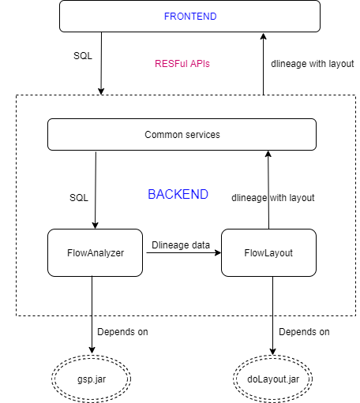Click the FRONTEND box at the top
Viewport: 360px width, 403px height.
[189, 16]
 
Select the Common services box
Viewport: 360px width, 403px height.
[182, 134]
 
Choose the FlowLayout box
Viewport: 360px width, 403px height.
[268, 252]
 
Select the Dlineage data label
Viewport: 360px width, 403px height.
[181, 245]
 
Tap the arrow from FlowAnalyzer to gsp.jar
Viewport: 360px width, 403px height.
[92, 315]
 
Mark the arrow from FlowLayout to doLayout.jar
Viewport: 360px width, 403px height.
[273, 315]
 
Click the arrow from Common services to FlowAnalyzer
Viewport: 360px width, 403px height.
[96, 189]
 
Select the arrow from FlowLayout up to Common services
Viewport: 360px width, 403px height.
[268, 189]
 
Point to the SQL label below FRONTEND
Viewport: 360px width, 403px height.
[81, 58]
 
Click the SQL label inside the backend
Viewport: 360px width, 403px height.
[79, 198]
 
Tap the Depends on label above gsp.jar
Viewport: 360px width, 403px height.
[122, 331]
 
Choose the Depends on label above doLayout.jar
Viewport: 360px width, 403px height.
[304, 331]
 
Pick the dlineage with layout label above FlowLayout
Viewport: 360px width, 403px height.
[272, 198]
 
